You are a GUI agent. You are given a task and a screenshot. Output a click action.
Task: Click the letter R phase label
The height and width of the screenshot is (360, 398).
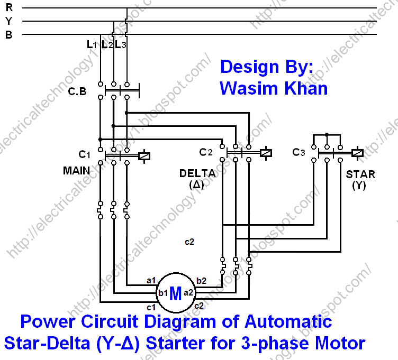click(8, 8)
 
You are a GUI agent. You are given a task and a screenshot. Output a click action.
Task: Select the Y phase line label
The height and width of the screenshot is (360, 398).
click(8, 21)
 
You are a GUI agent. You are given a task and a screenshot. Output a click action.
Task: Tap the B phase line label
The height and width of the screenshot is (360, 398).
click(8, 34)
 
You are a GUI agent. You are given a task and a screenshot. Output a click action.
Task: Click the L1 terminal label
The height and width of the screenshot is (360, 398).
click(92, 45)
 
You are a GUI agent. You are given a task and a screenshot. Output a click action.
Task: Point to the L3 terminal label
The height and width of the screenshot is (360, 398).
click(121, 45)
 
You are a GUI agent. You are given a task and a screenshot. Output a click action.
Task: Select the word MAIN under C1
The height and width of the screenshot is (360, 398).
click(77, 171)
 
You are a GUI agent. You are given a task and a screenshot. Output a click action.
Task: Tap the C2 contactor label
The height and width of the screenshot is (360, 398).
click(206, 152)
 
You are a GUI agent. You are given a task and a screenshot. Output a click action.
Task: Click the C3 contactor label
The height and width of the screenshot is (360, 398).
click(298, 152)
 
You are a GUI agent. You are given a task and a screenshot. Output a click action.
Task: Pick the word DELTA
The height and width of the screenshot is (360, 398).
click(197, 173)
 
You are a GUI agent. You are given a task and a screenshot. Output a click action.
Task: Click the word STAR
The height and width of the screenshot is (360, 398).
click(360, 174)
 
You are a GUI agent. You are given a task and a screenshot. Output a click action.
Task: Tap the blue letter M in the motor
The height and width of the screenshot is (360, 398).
click(175, 294)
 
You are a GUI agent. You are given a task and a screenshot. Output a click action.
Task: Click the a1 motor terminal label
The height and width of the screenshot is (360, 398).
click(151, 280)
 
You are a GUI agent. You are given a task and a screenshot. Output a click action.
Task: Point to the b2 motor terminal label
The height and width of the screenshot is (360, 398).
click(202, 280)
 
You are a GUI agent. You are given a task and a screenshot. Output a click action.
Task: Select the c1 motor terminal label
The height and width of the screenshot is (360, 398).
click(151, 307)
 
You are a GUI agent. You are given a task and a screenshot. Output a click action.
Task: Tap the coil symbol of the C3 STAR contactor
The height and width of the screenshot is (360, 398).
click(357, 153)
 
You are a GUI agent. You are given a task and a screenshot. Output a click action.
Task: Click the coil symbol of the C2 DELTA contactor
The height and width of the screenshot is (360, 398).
click(266, 153)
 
